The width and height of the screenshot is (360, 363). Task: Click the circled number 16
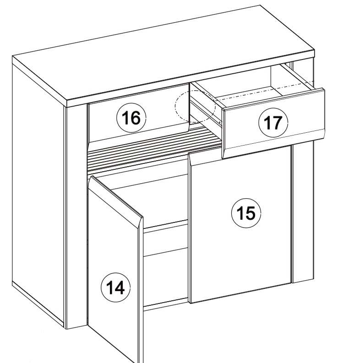131,118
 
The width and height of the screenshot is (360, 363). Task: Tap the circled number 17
273,123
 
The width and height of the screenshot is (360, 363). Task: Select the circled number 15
246,213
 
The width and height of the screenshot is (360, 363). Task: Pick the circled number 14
116,287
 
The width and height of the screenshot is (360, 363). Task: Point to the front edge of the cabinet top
191,79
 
